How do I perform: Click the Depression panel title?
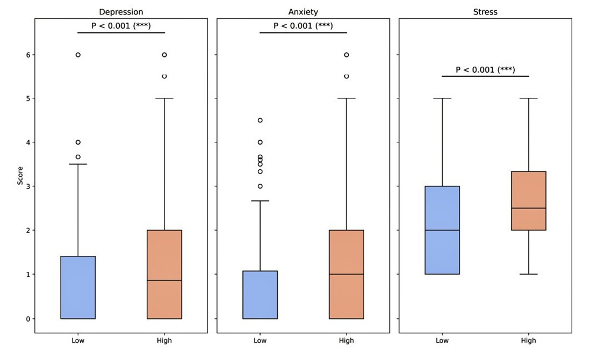(x=121, y=12)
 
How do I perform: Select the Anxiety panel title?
(x=303, y=12)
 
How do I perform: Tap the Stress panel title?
(x=485, y=12)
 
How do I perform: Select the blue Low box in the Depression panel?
(x=78, y=287)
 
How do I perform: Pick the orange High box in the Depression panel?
(x=164, y=274)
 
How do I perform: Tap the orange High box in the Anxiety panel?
(x=347, y=274)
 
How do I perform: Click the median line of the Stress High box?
(x=529, y=208)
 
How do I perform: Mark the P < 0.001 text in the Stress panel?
(x=485, y=69)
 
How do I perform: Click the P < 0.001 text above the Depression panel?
(x=121, y=26)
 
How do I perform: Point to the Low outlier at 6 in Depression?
(x=78, y=55)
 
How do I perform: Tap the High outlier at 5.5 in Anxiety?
(x=347, y=76)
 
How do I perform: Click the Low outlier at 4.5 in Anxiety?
(x=260, y=120)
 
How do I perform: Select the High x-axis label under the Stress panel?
(x=529, y=340)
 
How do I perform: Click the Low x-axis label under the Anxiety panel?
(x=260, y=340)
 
